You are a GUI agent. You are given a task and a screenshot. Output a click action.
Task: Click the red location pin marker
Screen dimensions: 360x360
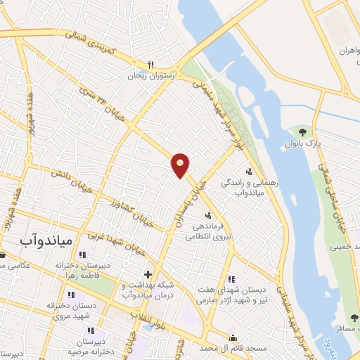point(181,165)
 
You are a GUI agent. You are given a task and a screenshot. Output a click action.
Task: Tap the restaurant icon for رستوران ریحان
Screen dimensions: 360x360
point(151,64)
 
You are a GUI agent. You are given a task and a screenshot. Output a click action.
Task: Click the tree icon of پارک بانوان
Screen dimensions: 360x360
point(303,131)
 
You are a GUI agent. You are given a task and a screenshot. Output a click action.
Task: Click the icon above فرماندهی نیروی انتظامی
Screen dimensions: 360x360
point(207,215)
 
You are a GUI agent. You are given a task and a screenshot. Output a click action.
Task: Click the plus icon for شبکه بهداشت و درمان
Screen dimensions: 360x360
point(147,274)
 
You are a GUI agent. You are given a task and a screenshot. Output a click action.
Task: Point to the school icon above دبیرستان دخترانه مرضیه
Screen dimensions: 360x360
point(90,330)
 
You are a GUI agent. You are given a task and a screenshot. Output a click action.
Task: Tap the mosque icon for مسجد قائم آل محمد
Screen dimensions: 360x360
point(233,337)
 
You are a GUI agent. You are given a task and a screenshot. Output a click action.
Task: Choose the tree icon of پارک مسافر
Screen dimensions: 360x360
point(354,318)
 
